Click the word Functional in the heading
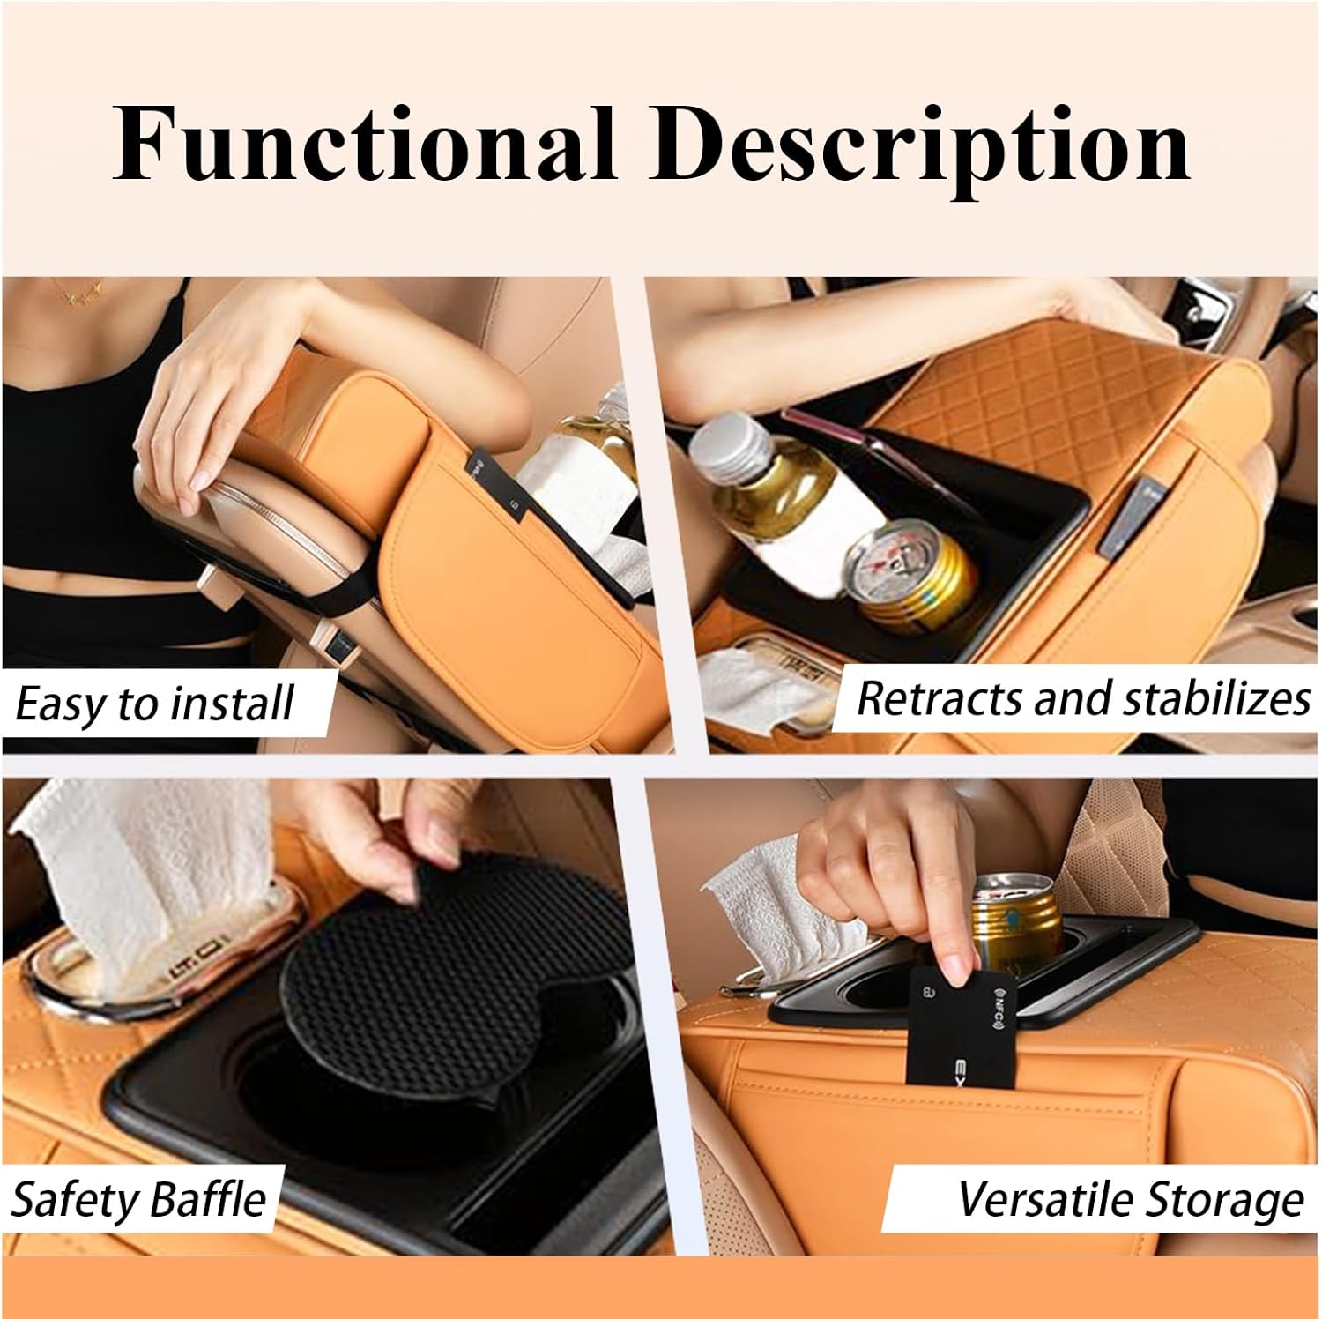click(363, 144)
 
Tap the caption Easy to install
click(154, 704)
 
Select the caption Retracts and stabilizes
click(1083, 698)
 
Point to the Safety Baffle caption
click(137, 1200)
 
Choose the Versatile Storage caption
click(1131, 1199)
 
